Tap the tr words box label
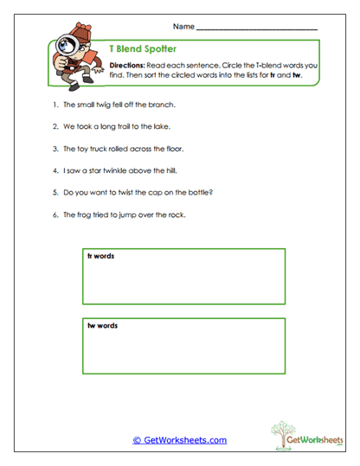(101, 257)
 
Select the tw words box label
(102, 326)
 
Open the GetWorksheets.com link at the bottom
(180, 440)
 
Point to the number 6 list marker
(54, 214)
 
